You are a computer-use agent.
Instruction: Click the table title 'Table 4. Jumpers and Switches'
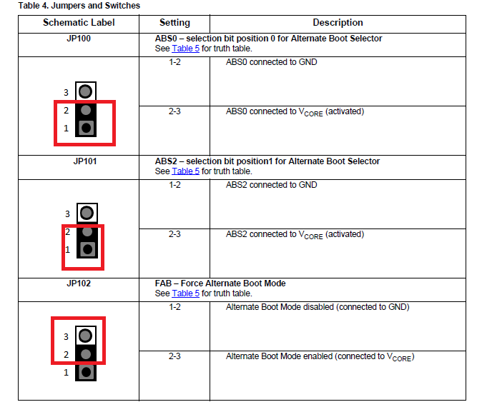tap(79, 6)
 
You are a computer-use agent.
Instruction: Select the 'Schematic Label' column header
tap(79, 22)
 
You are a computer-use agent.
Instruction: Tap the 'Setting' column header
tap(174, 23)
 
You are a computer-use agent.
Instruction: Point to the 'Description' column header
tap(338, 22)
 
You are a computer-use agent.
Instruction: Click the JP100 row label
tap(79, 39)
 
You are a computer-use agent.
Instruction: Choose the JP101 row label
tap(85, 161)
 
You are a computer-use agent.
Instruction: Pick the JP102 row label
tap(79, 283)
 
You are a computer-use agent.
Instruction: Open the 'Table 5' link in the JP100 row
tap(186, 49)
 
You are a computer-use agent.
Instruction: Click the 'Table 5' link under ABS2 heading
tap(186, 171)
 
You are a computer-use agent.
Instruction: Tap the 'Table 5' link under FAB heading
tap(186, 293)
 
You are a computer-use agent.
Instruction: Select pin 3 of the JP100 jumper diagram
tap(85, 91)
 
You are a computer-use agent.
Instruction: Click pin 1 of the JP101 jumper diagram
tap(88, 249)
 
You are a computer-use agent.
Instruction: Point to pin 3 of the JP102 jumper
tap(85, 336)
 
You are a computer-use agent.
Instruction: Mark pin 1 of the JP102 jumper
tap(86, 372)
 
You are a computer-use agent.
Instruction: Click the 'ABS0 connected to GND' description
tap(272, 62)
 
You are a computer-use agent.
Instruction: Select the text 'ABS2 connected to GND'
tap(272, 185)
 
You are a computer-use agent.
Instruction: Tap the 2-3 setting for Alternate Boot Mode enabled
tap(174, 356)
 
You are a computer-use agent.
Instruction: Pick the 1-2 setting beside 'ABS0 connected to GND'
tap(174, 62)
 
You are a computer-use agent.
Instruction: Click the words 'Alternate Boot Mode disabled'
tap(280, 307)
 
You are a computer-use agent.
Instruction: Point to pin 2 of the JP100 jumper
tap(86, 110)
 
